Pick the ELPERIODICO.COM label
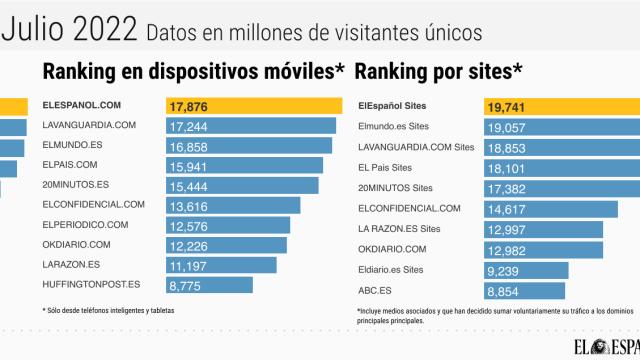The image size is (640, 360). [86, 224]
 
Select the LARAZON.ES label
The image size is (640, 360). [70, 264]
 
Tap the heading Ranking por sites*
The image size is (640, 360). [439, 71]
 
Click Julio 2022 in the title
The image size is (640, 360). [69, 30]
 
